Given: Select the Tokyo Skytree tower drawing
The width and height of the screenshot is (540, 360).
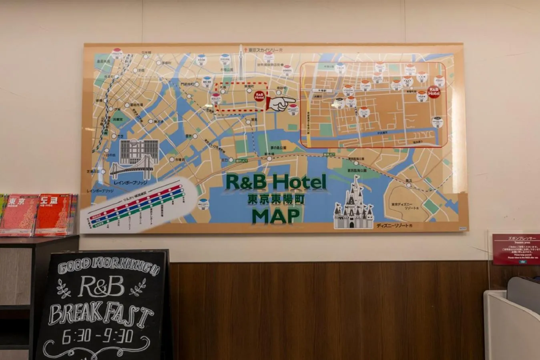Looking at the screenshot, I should [241, 64].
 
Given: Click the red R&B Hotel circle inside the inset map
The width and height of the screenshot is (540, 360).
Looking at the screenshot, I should [434, 92].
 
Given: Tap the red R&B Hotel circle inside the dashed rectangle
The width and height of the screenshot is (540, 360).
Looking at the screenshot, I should [259, 95].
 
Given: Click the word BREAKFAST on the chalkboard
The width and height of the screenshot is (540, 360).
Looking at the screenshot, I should [101, 315].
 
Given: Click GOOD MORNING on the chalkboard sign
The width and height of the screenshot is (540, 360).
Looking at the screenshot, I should [108, 267].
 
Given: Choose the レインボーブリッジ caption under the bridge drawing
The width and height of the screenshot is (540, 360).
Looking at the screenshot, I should [130, 182].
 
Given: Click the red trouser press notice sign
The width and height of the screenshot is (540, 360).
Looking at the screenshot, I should [516, 249].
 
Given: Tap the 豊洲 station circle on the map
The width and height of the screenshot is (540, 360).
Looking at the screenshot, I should [195, 136].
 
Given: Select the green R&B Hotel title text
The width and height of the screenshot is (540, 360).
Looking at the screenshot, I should [276, 182].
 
